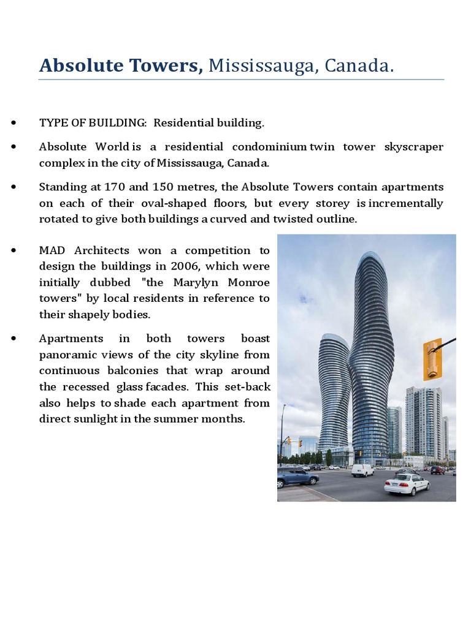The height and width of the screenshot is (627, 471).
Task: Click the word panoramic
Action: pyautogui.click(x=64, y=355)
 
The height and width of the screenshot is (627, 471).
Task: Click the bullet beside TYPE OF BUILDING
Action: pyautogui.click(x=13, y=123)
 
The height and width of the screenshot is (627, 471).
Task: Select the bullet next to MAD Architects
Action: pyautogui.click(x=13, y=250)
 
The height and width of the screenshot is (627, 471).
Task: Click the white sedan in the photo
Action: pyautogui.click(x=407, y=484)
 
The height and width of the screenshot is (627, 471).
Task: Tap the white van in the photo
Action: pyautogui.click(x=362, y=470)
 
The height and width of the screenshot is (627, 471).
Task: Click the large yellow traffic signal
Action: pyautogui.click(x=432, y=359)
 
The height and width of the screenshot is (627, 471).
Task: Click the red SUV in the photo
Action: pyautogui.click(x=438, y=470)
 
